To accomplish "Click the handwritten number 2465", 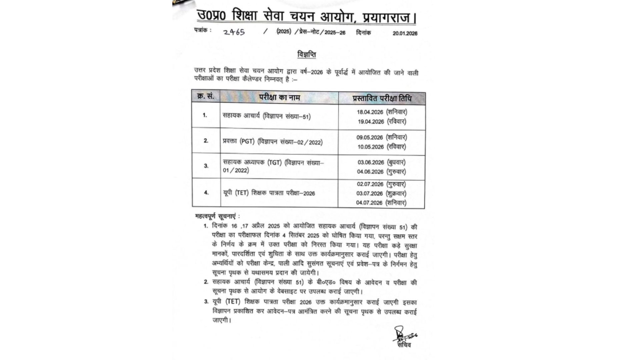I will tap(234, 32).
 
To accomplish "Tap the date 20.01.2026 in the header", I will tap(405, 33).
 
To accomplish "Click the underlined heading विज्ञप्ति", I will tap(307, 54).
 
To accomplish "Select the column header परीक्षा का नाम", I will tap(279, 97).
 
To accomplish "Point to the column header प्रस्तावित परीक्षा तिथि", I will tap(382, 98).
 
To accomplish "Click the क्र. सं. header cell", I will tap(206, 96).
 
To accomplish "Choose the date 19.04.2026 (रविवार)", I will tap(382, 122).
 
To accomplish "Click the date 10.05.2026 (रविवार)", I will tap(382, 147).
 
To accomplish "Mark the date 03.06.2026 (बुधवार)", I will tap(382, 162).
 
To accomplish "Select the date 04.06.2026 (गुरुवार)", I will tap(382, 172).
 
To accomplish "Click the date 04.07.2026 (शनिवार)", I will tap(381, 203).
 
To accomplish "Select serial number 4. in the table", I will tap(206, 192).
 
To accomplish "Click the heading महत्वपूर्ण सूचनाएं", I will tap(217, 216).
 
